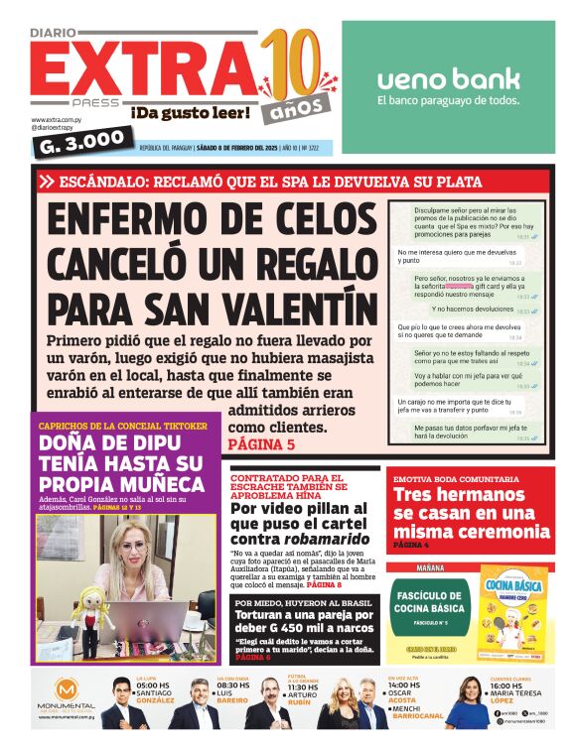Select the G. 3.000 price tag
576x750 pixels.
coord(82,139)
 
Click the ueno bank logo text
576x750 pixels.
coord(448,77)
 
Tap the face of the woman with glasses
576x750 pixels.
coord(135,550)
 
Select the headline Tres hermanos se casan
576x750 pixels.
coord(470,511)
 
